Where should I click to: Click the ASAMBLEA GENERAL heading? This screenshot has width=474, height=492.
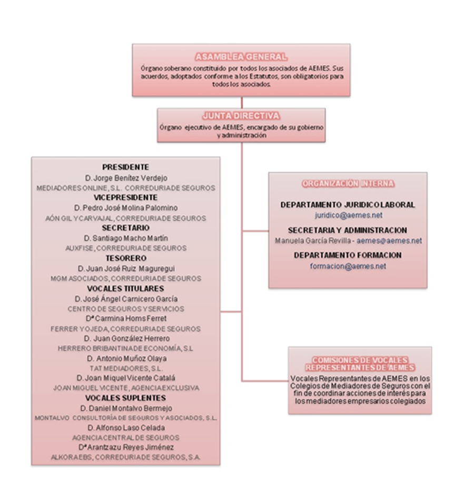point(241,57)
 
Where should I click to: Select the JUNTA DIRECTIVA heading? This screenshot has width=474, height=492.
point(241,116)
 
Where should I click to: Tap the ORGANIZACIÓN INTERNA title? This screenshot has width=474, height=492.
point(348,184)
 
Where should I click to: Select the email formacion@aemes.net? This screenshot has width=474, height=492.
point(348,266)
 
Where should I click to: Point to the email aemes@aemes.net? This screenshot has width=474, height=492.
point(389,240)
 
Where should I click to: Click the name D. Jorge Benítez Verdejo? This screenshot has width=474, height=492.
point(125,177)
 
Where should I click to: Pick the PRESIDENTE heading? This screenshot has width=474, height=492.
point(125,167)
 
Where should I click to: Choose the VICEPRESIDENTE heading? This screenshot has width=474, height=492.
point(125,197)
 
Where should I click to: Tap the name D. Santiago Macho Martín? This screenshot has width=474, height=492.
point(125,238)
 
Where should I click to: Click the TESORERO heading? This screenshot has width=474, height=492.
point(125,258)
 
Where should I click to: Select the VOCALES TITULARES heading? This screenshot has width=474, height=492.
point(125,288)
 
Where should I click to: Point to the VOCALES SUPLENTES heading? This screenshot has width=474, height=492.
point(125,398)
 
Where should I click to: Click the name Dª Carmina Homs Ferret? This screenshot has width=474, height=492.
point(125,318)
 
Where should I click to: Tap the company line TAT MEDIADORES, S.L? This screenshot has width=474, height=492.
point(125,368)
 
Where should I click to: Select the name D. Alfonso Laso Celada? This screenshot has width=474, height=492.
point(125,427)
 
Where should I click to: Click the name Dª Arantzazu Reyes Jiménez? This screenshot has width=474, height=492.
point(125,447)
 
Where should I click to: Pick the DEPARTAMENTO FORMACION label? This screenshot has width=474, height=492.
point(348,255)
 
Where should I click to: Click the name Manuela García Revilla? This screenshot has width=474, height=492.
point(313,240)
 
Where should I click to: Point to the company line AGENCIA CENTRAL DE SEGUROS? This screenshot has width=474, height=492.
point(125,437)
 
